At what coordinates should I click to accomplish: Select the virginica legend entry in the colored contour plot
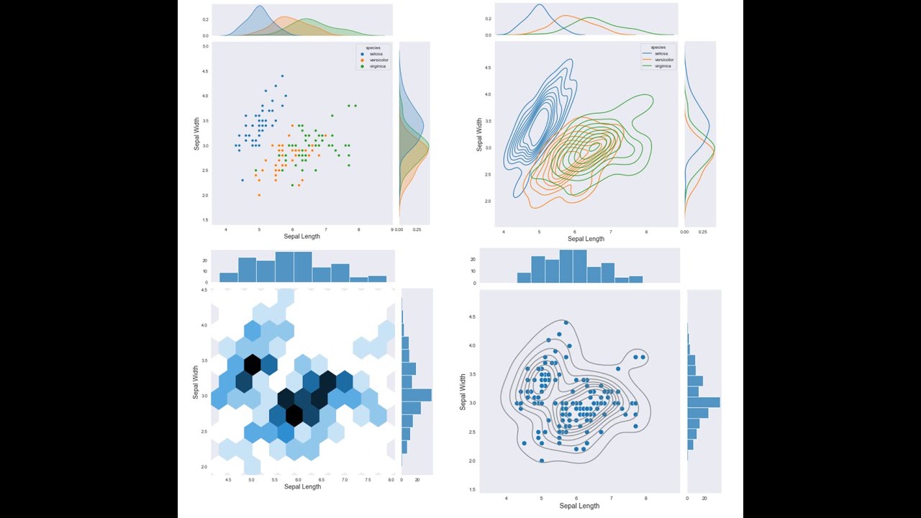662,65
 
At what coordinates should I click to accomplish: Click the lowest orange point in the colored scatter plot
259,195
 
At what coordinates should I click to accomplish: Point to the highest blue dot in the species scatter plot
282,76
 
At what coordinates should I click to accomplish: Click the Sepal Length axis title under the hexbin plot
302,487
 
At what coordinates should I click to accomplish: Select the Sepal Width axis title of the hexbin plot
196,383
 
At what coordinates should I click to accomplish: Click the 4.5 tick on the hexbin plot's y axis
204,290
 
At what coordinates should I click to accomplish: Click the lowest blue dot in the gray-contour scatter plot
541,460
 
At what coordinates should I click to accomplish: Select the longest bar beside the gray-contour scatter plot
703,402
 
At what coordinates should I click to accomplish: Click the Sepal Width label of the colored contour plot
479,135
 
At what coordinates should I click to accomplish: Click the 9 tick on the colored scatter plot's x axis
392,230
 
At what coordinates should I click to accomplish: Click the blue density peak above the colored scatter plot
260,7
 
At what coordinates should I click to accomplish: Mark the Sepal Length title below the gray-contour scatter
579,506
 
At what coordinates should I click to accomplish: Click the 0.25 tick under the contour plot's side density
703,232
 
